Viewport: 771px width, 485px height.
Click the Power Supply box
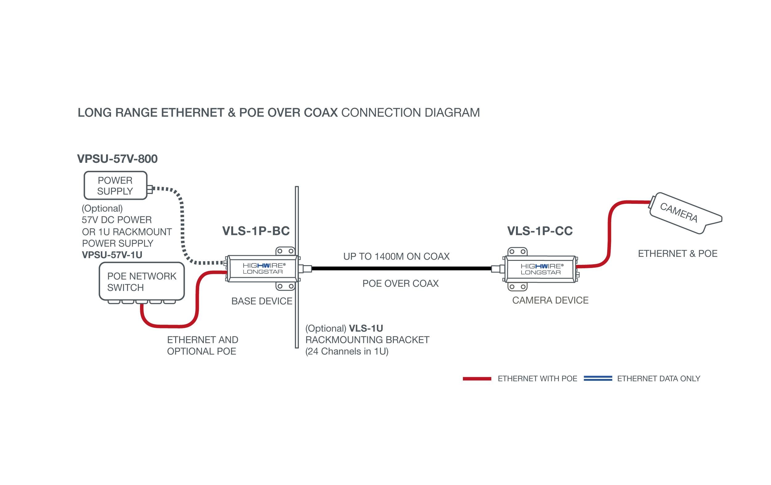[x=115, y=185]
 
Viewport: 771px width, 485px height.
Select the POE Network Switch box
[x=142, y=282]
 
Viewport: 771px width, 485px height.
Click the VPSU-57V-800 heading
[x=117, y=159]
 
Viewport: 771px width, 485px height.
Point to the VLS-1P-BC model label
[x=256, y=231]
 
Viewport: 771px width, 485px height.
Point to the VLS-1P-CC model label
[x=540, y=231]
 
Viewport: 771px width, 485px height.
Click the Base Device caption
[x=262, y=301]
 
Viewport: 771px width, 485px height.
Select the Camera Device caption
[x=550, y=300]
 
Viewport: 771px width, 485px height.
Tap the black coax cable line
[x=400, y=269]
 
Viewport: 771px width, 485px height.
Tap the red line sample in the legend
[x=477, y=379]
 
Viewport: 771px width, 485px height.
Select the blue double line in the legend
[x=597, y=379]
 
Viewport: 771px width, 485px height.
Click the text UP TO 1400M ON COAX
[x=396, y=257]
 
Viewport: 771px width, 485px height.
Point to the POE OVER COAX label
[x=400, y=283]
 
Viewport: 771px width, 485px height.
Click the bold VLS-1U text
[x=366, y=328]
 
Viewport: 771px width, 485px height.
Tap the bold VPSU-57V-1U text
[x=112, y=255]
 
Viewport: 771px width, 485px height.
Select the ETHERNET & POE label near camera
[x=678, y=253]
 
